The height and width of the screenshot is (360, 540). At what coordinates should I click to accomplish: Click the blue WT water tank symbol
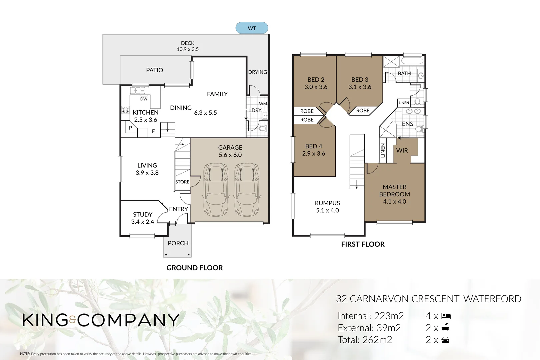252,28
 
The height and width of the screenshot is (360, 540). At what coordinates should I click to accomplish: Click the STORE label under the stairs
182,182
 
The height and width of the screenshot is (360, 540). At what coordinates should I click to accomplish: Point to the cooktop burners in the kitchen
125,110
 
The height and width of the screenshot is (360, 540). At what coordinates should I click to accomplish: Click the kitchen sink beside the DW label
137,90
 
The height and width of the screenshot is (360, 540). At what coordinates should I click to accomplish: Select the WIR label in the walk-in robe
402,151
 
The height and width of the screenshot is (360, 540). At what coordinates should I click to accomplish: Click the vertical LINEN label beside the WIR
383,150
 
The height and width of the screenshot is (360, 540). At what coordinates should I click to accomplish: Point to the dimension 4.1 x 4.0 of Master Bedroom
394,202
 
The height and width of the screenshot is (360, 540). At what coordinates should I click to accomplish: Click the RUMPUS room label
327,203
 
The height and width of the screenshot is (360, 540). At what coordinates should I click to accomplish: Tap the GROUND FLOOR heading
194,268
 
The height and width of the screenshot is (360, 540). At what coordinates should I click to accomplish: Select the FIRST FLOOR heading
363,244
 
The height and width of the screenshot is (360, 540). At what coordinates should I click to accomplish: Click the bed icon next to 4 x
446,316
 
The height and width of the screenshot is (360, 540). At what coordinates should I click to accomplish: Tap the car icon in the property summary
445,340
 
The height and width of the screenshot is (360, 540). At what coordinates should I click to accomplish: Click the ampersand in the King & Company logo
73,320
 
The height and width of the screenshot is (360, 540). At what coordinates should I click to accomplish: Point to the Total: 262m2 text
365,340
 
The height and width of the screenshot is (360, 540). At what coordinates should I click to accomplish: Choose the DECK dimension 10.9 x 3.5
187,49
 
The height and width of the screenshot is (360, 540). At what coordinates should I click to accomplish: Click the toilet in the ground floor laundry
263,129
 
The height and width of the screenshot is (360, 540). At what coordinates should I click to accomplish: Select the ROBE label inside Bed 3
363,111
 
